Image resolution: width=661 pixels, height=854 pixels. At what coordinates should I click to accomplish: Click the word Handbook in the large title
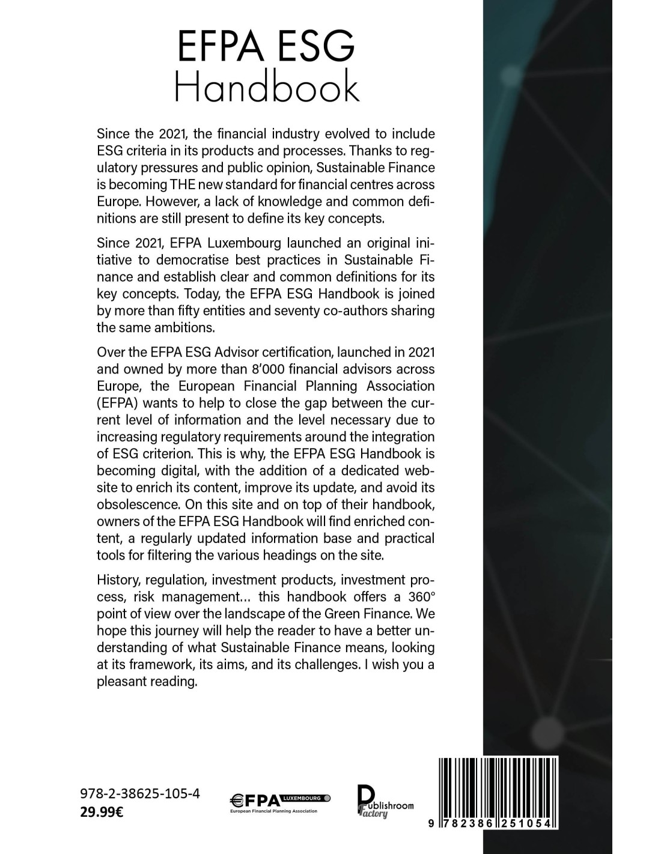click(x=266, y=88)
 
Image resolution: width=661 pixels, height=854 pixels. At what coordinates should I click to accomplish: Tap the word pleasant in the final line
click(x=119, y=682)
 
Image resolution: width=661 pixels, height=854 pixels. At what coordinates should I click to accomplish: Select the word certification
click(x=278, y=351)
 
